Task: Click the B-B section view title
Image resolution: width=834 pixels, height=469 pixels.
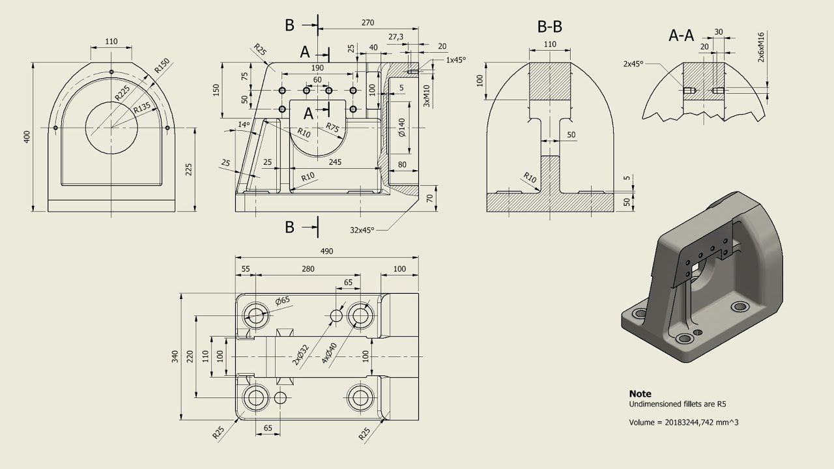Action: point(549,27)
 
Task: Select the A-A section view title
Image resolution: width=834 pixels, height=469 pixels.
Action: point(681,35)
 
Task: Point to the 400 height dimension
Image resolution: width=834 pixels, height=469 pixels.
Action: point(27,137)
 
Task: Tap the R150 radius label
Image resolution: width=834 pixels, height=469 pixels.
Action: point(161,66)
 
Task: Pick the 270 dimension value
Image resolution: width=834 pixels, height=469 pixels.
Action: point(367,22)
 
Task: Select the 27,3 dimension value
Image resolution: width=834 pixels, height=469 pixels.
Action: point(395,36)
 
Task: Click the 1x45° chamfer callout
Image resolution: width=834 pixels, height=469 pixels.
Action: point(456,59)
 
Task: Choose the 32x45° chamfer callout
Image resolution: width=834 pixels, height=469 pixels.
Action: point(362,229)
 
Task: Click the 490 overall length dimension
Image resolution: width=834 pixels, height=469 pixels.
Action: point(326,251)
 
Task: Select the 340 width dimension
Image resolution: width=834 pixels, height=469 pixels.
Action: point(174,356)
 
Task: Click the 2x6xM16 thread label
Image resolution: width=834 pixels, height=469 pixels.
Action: point(761,46)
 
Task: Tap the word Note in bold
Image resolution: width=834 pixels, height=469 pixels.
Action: point(640,393)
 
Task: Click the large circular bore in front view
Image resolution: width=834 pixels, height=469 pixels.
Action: point(111,127)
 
